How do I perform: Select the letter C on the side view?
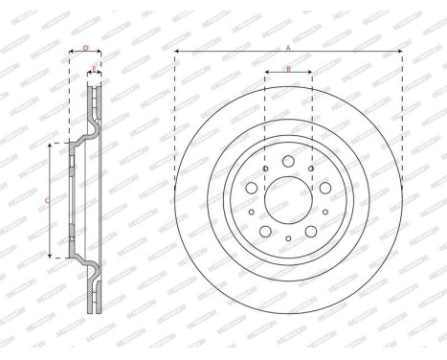(x=49, y=200)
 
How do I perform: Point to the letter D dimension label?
(x=85, y=47)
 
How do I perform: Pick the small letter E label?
(x=94, y=67)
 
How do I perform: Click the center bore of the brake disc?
(x=288, y=200)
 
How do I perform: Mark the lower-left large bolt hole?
(x=264, y=233)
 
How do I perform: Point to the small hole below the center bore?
(x=288, y=237)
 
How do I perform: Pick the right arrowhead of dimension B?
(x=309, y=73)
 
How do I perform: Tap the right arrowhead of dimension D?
(x=100, y=52)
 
